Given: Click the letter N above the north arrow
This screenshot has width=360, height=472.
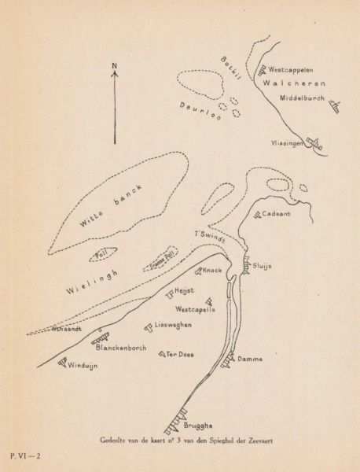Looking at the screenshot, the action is (x=115, y=65).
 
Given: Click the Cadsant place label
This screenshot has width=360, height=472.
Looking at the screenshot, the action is (x=278, y=213).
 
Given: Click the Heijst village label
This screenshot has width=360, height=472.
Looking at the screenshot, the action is (x=184, y=291).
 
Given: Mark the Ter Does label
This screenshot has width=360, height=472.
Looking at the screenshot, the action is (x=181, y=355).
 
